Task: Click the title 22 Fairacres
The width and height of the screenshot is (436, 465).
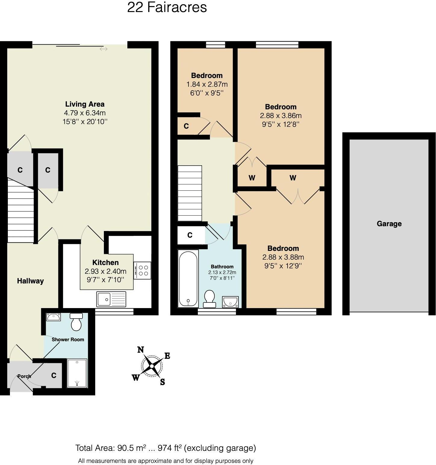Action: [x=167, y=7]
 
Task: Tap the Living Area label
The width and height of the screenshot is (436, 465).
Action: [x=85, y=104]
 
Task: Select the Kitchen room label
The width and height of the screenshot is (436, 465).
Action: [x=105, y=262]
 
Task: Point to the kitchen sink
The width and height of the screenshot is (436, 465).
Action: [x=111, y=299]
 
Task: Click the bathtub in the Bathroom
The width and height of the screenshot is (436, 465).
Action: [x=188, y=279]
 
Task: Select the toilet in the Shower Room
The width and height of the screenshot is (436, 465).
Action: [x=76, y=322]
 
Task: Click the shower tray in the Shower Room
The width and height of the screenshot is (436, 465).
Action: [x=77, y=373]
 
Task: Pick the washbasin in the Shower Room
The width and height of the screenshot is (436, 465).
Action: [x=53, y=317]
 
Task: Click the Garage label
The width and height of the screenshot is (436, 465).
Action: [x=389, y=224]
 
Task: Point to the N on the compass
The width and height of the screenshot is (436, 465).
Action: [x=140, y=350]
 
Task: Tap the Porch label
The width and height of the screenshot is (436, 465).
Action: [x=24, y=376]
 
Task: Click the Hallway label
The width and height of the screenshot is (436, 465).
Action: [x=30, y=281]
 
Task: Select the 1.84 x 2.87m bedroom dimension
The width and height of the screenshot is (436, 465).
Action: [x=207, y=84]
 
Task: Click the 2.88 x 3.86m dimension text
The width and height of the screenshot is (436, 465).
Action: [x=281, y=116]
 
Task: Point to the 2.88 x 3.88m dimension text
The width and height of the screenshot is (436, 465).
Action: [x=283, y=257]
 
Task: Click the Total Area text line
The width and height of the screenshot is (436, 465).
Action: [x=165, y=448]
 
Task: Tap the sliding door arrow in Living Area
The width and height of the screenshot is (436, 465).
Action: [x=103, y=49]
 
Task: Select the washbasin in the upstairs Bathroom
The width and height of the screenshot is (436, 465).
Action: [x=230, y=302]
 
